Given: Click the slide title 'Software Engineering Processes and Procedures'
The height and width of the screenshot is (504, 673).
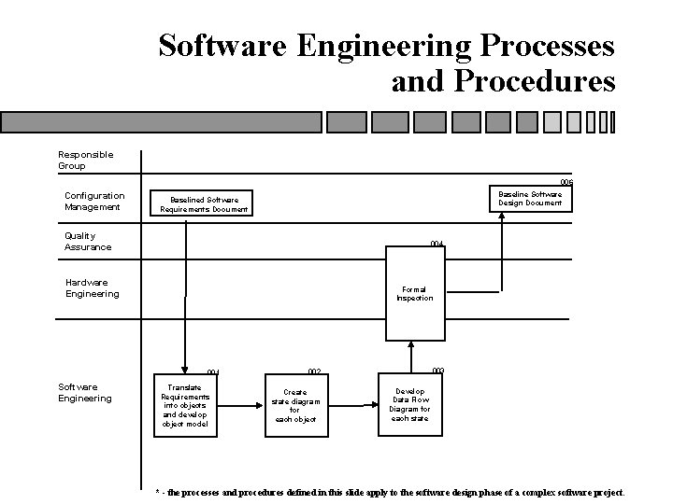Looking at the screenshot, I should (387, 62).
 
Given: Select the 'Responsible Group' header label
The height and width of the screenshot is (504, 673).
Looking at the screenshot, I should (85, 160).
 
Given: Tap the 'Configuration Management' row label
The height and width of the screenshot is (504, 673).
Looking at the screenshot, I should (93, 201).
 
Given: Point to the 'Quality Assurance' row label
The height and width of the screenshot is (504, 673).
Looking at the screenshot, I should (88, 242).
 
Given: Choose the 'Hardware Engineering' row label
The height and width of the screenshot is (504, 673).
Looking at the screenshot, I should (92, 287).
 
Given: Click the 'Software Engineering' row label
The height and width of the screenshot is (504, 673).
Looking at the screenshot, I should (84, 392).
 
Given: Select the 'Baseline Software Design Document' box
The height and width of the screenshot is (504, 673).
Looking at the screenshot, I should (529, 199).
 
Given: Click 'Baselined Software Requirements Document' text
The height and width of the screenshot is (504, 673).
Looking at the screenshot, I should (204, 204).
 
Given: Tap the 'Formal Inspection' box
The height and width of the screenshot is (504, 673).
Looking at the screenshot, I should (414, 294).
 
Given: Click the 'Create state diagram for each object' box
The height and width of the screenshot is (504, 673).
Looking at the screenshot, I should (295, 406).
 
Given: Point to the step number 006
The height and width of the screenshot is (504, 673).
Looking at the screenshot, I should (566, 182).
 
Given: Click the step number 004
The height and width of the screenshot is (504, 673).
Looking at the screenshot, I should (437, 244).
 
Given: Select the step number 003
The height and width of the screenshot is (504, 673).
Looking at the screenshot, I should (437, 371).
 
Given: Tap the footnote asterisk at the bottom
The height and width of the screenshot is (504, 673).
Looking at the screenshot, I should (157, 492).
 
